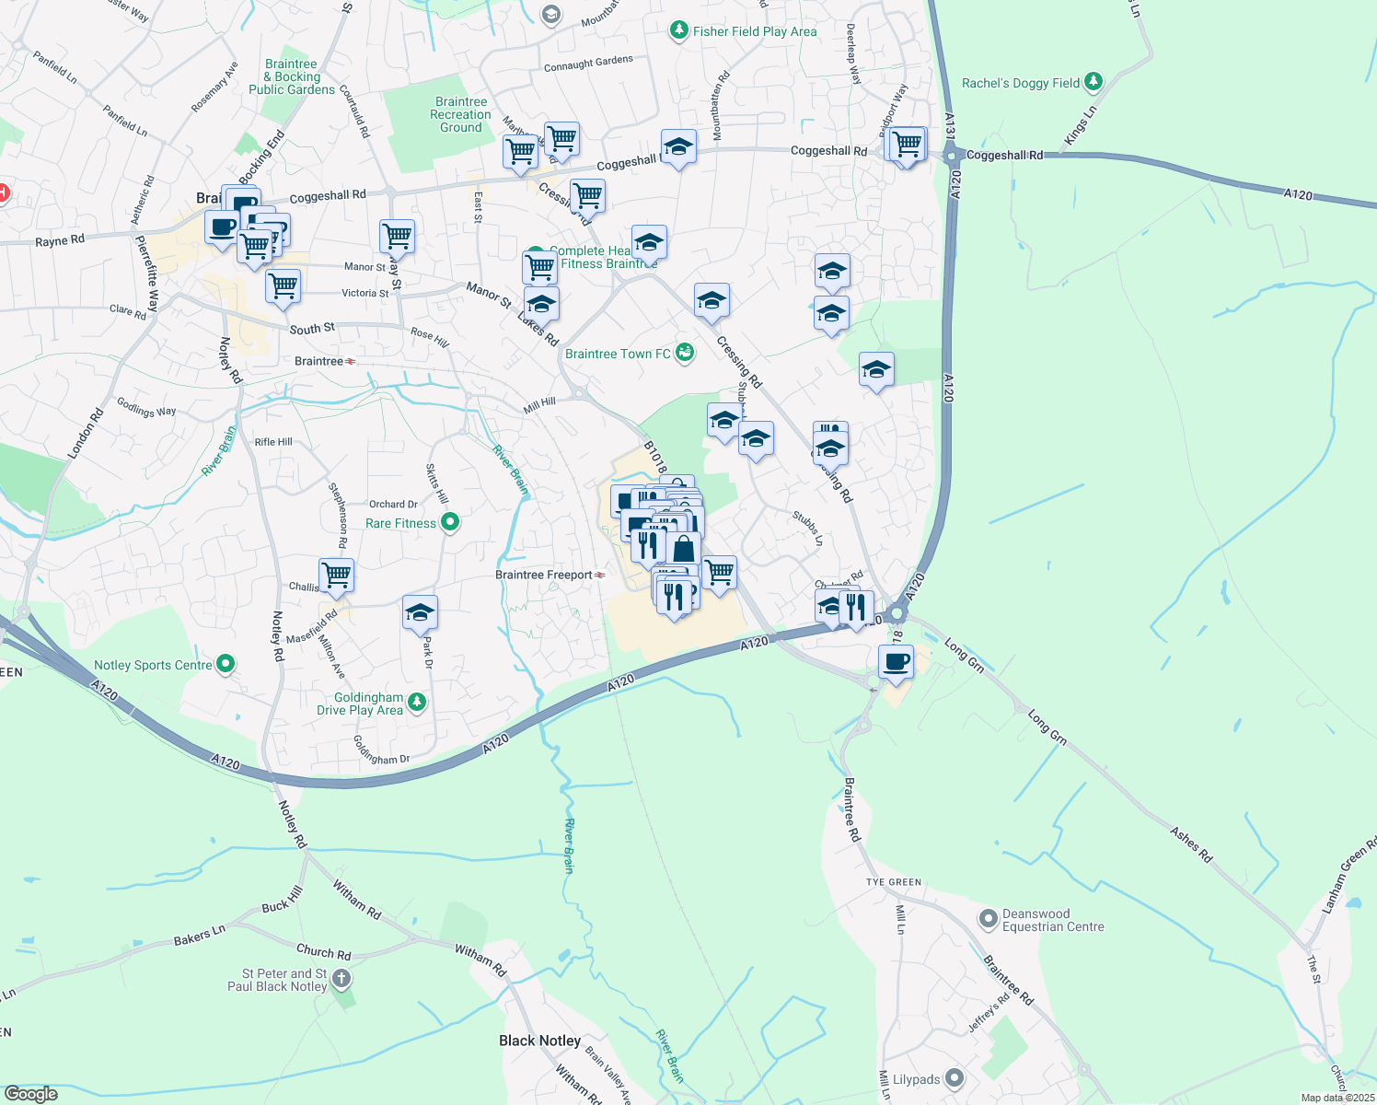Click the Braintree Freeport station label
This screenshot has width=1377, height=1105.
click(x=544, y=575)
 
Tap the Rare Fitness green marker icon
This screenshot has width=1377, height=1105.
click(x=450, y=523)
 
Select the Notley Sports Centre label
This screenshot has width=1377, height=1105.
click(x=153, y=665)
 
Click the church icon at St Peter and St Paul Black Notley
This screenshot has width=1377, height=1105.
click(x=341, y=978)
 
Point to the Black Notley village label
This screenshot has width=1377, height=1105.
click(x=539, y=1041)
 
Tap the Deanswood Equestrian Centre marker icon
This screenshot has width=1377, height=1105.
click(x=988, y=918)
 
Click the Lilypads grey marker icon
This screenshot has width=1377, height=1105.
click(x=955, y=1077)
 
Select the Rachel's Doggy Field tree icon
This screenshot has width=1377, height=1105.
click(x=1093, y=82)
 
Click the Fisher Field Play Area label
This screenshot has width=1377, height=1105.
click(x=755, y=31)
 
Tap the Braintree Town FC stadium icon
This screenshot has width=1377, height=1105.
click(x=684, y=353)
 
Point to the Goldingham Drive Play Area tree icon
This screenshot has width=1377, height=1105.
click(x=417, y=703)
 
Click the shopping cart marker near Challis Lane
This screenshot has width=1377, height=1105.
click(x=337, y=576)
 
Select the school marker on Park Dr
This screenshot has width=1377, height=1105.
click(x=420, y=612)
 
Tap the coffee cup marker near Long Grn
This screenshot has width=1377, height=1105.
click(x=896, y=661)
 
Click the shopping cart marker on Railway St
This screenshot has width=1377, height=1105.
click(x=398, y=236)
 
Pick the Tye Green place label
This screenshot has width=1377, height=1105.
click(x=893, y=882)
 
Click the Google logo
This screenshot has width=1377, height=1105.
click(x=31, y=1094)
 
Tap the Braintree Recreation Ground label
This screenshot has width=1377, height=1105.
click(x=460, y=115)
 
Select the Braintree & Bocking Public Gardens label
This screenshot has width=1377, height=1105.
click(x=292, y=77)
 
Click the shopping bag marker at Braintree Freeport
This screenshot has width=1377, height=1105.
click(x=683, y=550)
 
